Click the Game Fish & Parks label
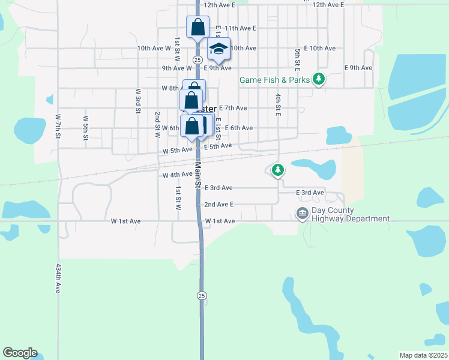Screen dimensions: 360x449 (274, 80)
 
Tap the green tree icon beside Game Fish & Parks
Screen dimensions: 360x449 (319, 79)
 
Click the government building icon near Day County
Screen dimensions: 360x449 (302, 213)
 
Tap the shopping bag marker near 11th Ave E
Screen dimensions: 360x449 (197, 27)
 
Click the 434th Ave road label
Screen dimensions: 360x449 (58, 278)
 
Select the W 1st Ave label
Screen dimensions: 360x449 (126, 221)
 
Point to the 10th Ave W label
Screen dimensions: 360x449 (154, 48)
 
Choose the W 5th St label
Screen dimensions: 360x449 (86, 128)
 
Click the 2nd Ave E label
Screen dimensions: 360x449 (218, 205)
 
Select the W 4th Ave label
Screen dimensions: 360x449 (177, 175)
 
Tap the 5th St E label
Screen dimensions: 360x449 (297, 58)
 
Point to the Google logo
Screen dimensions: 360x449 (20, 353)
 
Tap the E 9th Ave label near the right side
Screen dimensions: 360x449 (358, 68)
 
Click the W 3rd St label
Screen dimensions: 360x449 (137, 101)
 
